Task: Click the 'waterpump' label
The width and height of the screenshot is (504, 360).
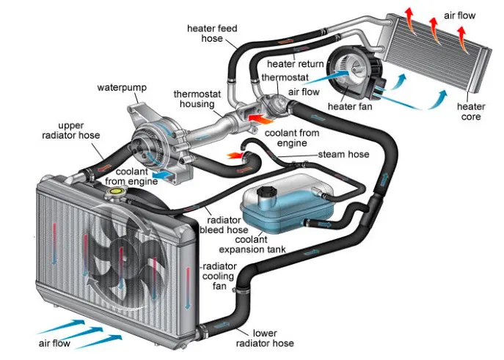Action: (x=122, y=88)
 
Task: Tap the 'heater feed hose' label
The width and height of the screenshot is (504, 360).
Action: (x=211, y=34)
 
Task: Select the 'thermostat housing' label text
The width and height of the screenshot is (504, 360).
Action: (x=194, y=100)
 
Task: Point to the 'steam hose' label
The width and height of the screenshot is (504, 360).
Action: (x=343, y=155)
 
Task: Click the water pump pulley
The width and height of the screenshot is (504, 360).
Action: (x=145, y=142)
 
